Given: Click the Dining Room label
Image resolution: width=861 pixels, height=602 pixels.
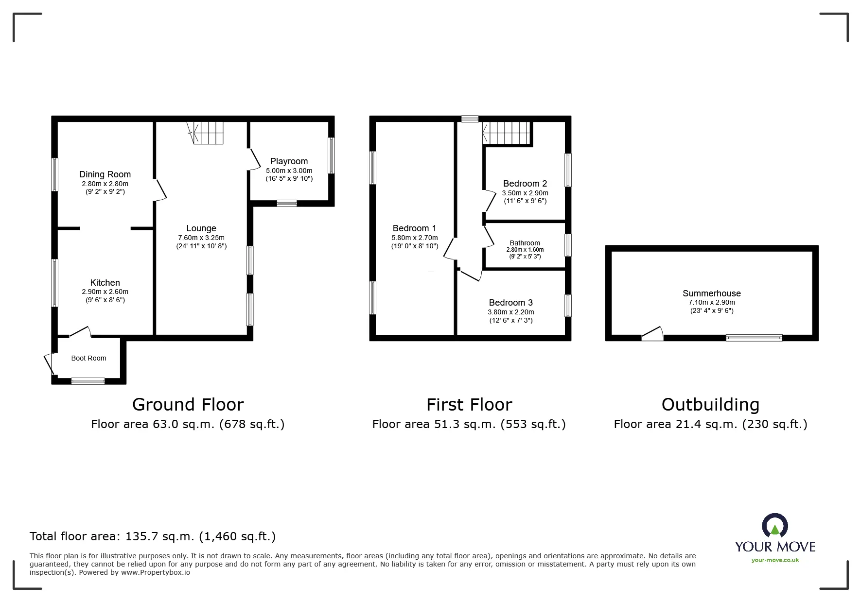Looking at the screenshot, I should [x=105, y=174].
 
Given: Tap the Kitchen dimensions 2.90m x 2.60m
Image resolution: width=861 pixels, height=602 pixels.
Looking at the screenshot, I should [x=105, y=292].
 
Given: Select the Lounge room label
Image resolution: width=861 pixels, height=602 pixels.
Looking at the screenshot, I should [x=201, y=228].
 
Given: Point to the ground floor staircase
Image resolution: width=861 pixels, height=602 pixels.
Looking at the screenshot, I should [x=208, y=133].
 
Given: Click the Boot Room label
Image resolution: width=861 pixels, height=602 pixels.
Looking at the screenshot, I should [x=88, y=358].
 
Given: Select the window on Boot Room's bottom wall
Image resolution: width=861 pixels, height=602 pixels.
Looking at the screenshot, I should [x=88, y=381].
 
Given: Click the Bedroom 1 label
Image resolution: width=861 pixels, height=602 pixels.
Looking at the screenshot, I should [x=414, y=228].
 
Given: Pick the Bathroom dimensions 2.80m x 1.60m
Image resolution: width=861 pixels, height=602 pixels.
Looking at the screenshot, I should [x=525, y=250].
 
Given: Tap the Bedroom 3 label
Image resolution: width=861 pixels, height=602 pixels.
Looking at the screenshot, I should [x=511, y=303].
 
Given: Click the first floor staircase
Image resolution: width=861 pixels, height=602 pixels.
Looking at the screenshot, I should [x=507, y=133].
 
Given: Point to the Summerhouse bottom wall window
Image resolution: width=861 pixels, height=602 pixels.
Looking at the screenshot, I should [x=754, y=337].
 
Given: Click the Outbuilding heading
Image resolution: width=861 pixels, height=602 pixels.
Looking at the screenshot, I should [x=710, y=404].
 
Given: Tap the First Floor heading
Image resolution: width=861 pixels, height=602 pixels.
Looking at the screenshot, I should [x=469, y=404].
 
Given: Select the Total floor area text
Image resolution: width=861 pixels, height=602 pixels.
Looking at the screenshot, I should [x=153, y=536].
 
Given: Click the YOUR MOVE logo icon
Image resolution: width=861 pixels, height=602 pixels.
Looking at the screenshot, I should [x=774, y=526].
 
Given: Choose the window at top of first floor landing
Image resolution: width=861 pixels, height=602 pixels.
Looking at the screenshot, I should [x=470, y=119].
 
